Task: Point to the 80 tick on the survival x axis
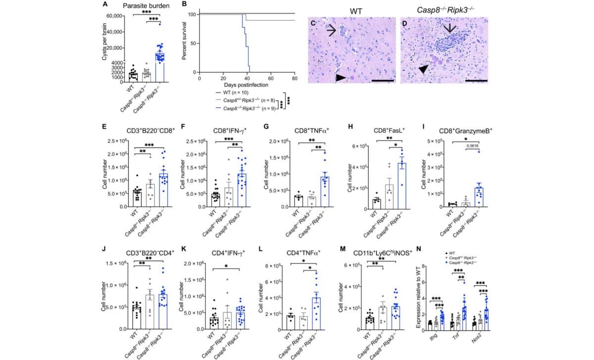[x=295, y=78]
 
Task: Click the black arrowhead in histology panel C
[x=340, y=78]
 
